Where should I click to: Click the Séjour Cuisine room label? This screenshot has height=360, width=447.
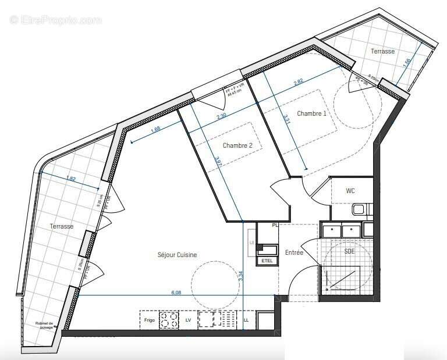[177, 255]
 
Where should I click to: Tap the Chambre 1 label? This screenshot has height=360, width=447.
[311, 113]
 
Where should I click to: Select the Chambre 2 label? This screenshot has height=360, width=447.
[237, 146]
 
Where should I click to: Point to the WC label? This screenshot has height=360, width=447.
[350, 190]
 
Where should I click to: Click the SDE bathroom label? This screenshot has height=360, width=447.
[349, 251]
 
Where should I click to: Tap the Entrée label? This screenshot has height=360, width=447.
[295, 252]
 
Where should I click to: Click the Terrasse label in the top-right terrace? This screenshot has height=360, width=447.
[382, 51]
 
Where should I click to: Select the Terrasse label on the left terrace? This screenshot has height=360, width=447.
[61, 226]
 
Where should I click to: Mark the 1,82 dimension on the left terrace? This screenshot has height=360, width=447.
[71, 179]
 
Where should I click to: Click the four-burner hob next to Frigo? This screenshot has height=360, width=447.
[169, 320]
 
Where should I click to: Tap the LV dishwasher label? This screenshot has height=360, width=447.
[188, 320]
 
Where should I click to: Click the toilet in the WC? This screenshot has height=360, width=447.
[360, 209]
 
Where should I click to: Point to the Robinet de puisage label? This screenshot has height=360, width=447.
[42, 326]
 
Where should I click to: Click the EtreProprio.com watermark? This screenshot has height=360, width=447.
[55, 20]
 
